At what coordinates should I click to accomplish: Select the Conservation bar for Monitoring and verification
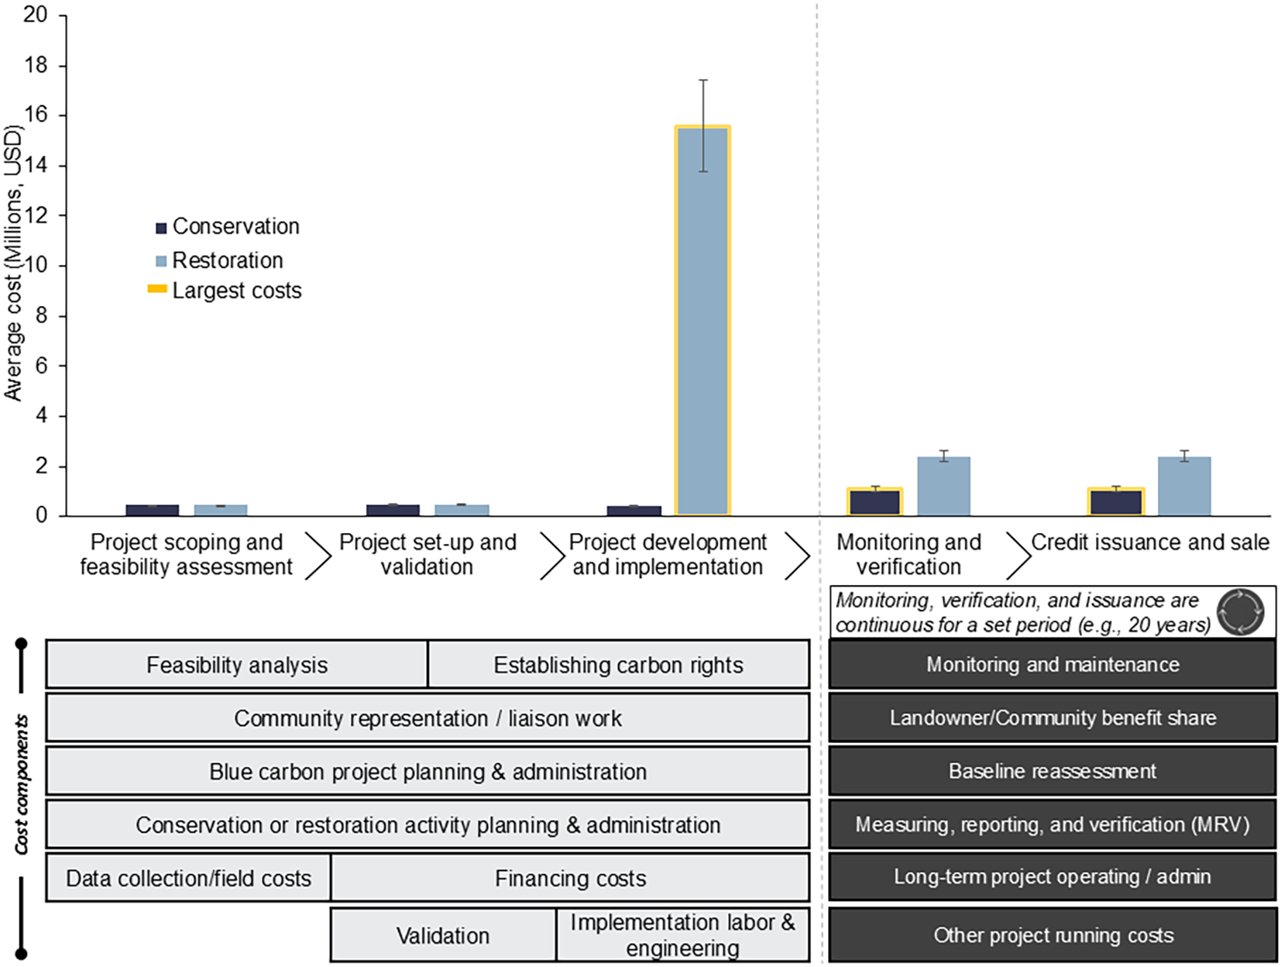pos(875,502)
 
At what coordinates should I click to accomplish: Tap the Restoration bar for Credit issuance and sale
pos(1184,487)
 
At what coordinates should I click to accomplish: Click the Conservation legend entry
pos(227,226)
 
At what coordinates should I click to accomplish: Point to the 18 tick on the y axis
pos(36,66)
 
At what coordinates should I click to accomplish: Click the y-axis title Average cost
pos(13,263)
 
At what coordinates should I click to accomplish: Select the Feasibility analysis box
pos(237,665)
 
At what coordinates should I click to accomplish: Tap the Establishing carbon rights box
pos(618,665)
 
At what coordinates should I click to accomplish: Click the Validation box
pos(443,935)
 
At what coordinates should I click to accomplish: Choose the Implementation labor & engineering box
pos(682,935)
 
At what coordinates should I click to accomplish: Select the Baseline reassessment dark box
pos(1052,771)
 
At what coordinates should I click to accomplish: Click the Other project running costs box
pos(1052,935)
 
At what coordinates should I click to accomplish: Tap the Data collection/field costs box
pos(188,878)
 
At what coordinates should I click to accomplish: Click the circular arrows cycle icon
pos(1240,612)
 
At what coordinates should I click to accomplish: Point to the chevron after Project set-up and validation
pos(551,555)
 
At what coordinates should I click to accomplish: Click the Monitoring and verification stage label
pos(908,554)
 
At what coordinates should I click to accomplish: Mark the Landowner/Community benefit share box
pos(1052,718)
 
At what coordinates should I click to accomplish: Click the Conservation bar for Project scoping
pos(153,510)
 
